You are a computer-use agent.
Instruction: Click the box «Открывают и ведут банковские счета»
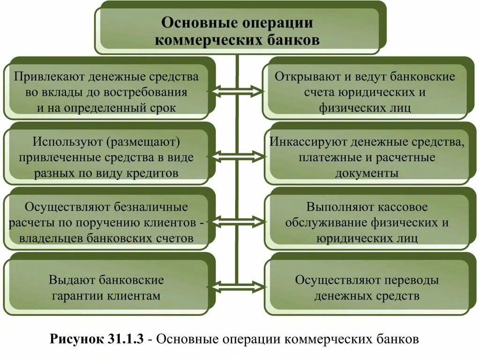(365, 92)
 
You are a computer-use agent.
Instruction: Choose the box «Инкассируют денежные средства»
(367, 157)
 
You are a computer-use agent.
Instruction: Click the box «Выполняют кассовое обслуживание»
(367, 222)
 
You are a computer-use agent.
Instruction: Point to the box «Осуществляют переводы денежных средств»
(367, 287)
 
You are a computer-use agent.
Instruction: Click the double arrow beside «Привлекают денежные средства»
(237, 91)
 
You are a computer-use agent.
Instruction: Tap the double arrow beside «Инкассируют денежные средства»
(237, 156)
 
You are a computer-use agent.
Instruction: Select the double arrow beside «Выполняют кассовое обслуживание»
(237, 220)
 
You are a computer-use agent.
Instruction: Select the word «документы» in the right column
(367, 173)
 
